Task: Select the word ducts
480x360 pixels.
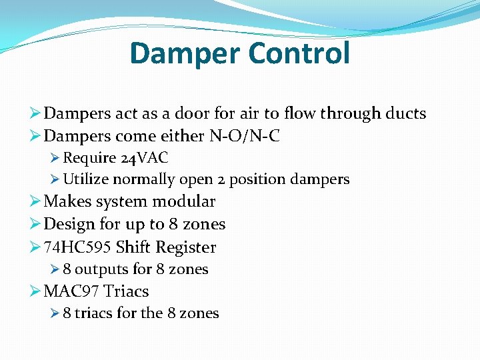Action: coord(403,114)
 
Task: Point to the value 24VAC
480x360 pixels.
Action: coord(145,159)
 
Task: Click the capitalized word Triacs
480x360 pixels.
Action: coord(126,291)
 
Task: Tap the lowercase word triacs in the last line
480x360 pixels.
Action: coord(93,313)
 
